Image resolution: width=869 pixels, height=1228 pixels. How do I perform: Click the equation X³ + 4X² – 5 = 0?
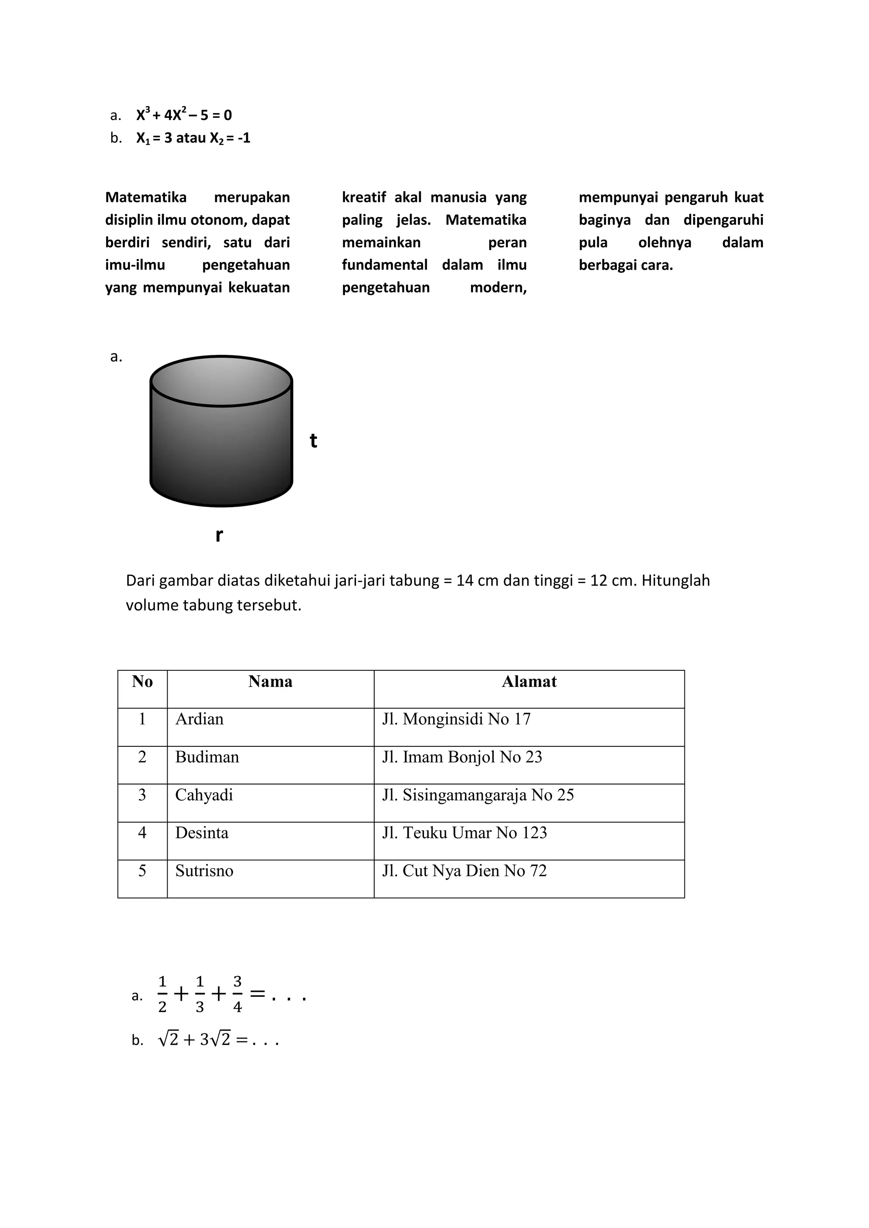click(x=184, y=114)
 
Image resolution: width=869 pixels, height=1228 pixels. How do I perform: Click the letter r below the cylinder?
click(x=219, y=534)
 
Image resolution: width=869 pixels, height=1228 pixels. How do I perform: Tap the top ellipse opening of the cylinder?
click(x=221, y=381)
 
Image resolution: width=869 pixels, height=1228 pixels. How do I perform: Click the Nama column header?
click(x=270, y=681)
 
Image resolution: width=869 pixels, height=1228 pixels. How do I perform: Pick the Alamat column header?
click(x=529, y=681)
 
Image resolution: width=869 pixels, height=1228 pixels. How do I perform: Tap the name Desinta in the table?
click(x=202, y=833)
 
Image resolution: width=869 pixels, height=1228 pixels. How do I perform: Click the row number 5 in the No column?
click(x=142, y=871)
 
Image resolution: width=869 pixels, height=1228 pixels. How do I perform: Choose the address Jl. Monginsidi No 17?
click(x=456, y=719)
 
